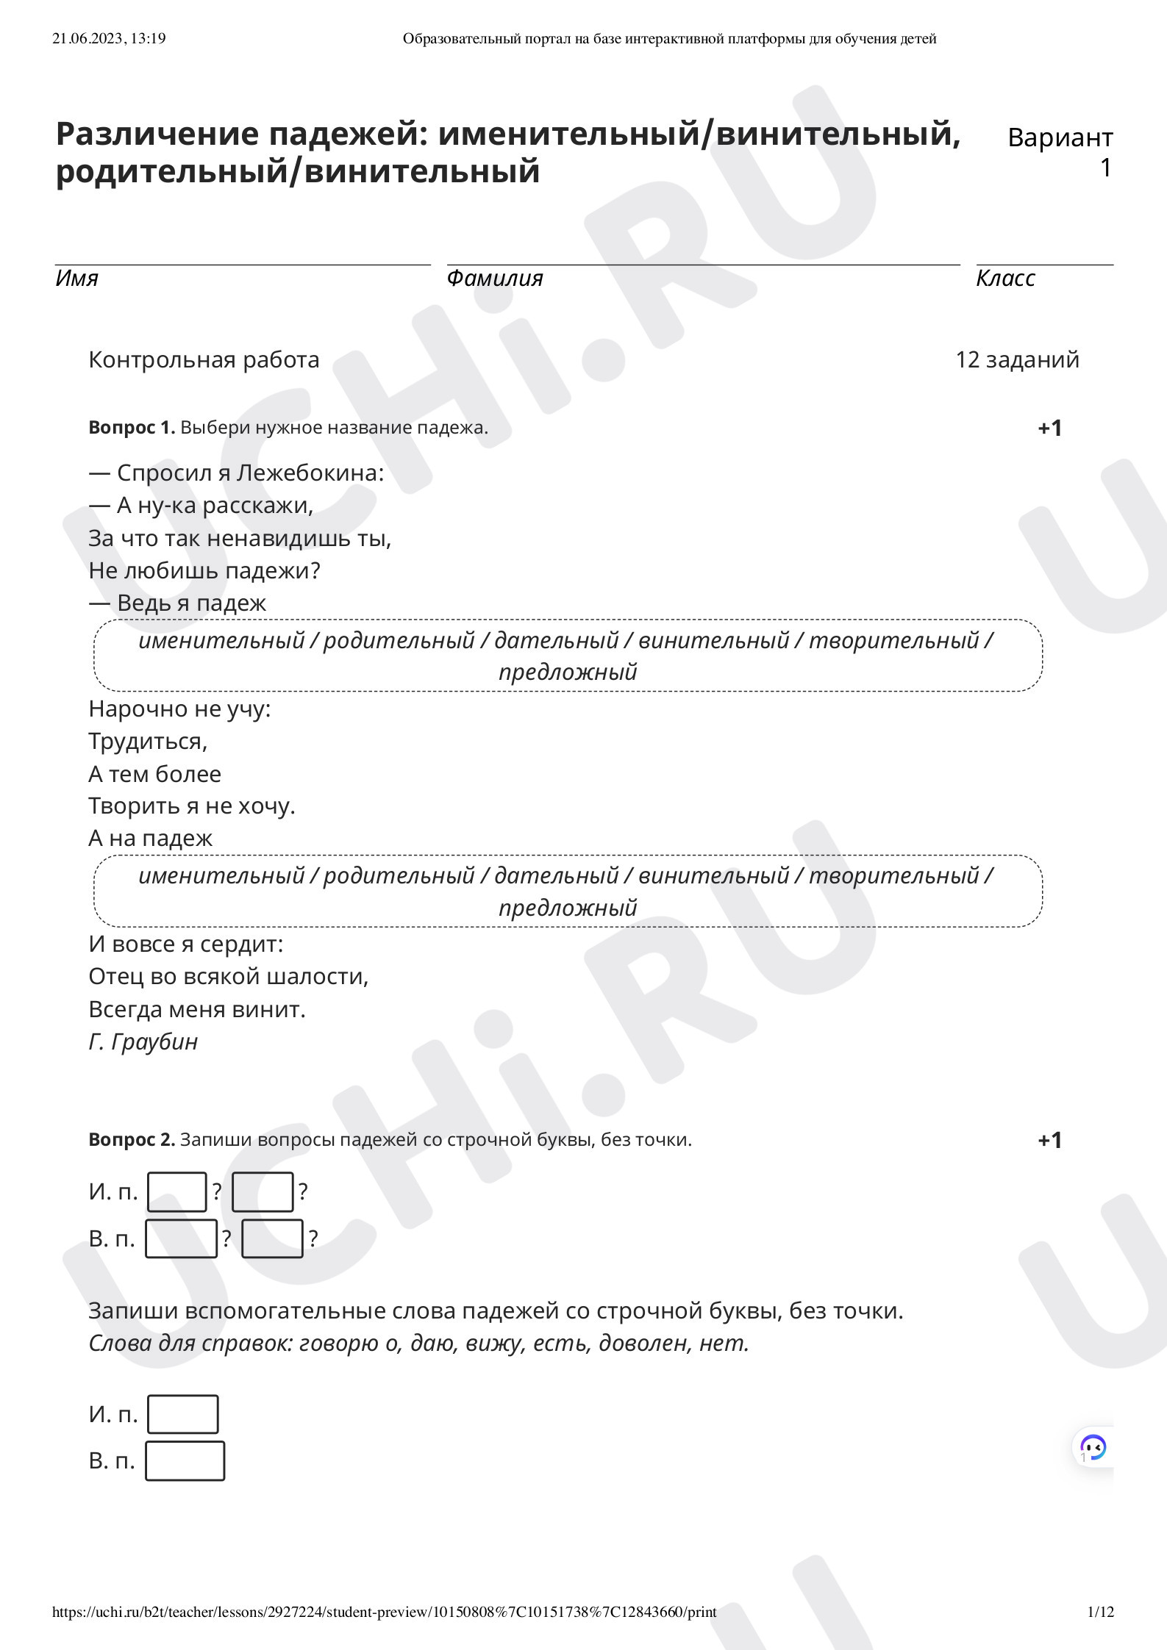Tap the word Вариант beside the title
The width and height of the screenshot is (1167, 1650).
click(x=1060, y=137)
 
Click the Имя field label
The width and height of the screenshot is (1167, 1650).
click(x=76, y=278)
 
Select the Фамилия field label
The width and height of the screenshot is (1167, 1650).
click(x=494, y=278)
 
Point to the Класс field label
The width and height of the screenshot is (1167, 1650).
click(x=1005, y=278)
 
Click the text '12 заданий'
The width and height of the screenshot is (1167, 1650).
click(x=1017, y=359)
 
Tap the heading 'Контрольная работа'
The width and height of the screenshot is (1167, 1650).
click(x=204, y=359)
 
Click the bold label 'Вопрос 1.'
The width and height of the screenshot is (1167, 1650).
click(x=132, y=428)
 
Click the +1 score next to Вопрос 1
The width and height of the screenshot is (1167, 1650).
click(x=1049, y=428)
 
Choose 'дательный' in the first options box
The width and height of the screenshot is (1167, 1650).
click(x=556, y=640)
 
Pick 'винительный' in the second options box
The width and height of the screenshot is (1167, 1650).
click(x=713, y=875)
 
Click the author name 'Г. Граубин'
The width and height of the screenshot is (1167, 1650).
click(x=143, y=1041)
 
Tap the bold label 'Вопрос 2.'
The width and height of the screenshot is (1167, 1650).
click(x=132, y=1140)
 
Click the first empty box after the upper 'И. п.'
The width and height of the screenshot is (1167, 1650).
click(x=176, y=1191)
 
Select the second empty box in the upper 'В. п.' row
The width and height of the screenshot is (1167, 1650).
click(x=272, y=1238)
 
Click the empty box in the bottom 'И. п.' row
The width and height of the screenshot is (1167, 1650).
click(x=182, y=1414)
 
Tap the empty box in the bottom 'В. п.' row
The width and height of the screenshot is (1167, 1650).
click(x=185, y=1460)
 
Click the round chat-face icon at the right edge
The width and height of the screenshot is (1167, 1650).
click(x=1093, y=1447)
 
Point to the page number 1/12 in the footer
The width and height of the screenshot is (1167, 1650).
click(x=1100, y=1612)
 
